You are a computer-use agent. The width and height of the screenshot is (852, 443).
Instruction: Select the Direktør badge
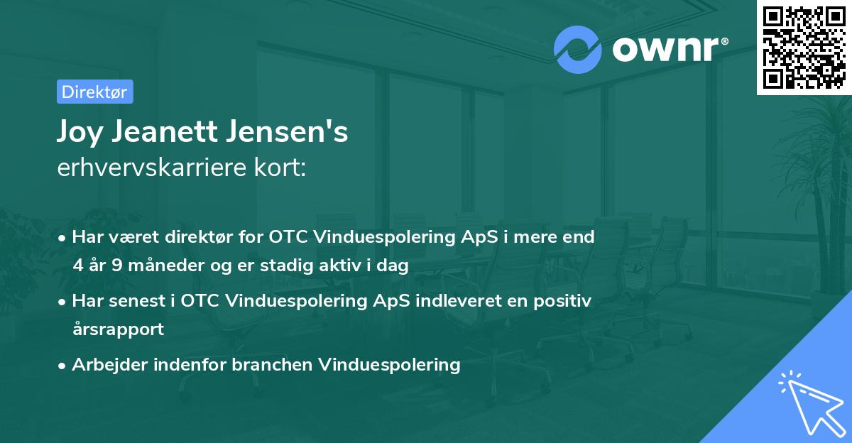point(94,92)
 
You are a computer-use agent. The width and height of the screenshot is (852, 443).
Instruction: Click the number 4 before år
point(77,266)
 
